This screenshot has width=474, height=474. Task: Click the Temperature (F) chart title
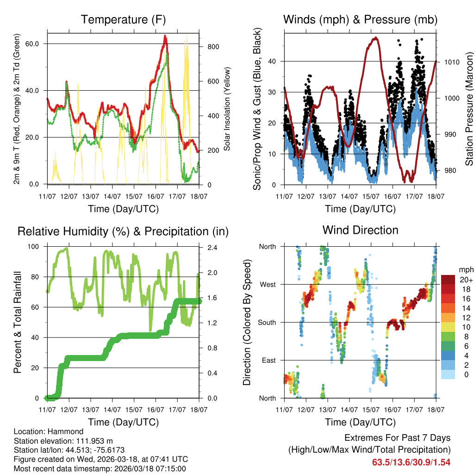pyautogui.click(x=123, y=19)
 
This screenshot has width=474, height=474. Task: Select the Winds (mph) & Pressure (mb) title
pyautogui.click(x=360, y=19)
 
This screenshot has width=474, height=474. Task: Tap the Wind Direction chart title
pyautogui.click(x=360, y=230)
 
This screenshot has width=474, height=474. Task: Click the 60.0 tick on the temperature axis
pyautogui.click(x=37, y=44)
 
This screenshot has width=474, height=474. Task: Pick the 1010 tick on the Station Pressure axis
pyautogui.click(x=452, y=62)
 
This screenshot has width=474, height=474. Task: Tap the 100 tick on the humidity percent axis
pyautogui.click(x=36, y=247)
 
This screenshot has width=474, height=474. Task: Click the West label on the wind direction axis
pyautogui.click(x=267, y=284)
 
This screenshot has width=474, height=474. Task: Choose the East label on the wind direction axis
pyautogui.click(x=268, y=360)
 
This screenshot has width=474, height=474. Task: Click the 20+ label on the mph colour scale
pyautogui.click(x=466, y=280)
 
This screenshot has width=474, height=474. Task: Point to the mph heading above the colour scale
pyautogui.click(x=465, y=269)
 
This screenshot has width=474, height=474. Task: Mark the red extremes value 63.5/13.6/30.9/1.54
pyautogui.click(x=411, y=462)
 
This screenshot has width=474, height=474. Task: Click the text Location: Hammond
pyautogui.click(x=49, y=432)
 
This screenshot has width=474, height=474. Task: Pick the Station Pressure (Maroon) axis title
pyautogui.click(x=469, y=109)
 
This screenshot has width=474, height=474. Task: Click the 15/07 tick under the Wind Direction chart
pyautogui.click(x=371, y=409)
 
